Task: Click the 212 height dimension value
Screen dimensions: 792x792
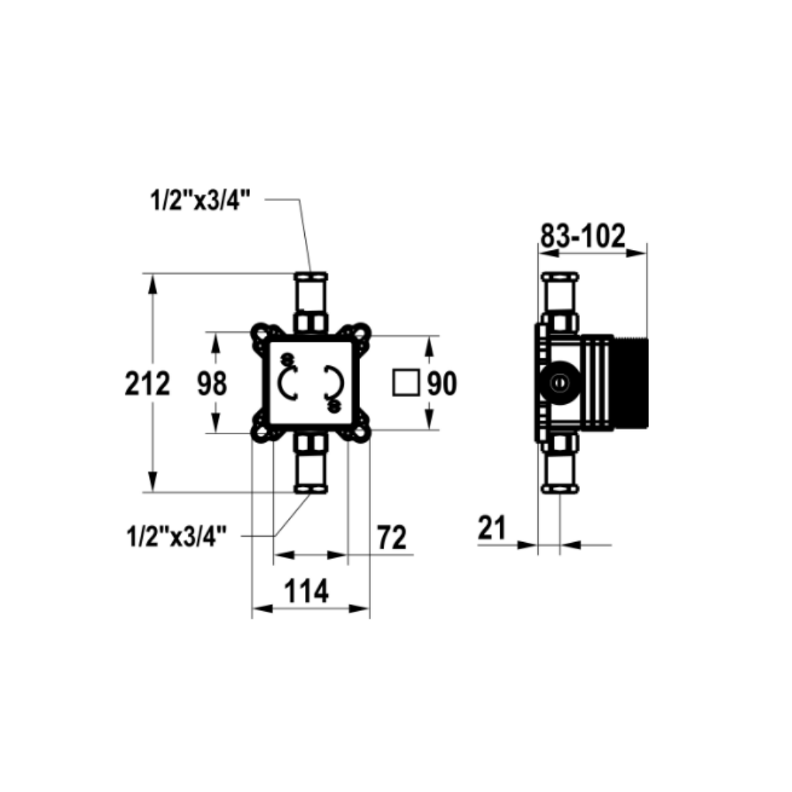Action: [x=147, y=384]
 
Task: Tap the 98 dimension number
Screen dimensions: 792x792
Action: [x=212, y=384]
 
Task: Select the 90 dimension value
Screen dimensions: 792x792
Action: [x=442, y=384]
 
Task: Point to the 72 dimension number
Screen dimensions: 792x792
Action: [x=392, y=538]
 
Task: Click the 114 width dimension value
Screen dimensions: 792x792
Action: [x=307, y=591]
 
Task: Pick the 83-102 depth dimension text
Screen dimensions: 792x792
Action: [x=583, y=235]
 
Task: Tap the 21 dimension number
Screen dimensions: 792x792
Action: [x=492, y=528]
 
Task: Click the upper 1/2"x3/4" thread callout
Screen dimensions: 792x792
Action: [x=200, y=200]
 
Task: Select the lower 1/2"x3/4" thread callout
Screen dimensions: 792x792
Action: [x=177, y=536]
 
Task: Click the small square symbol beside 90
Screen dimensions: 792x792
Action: [x=406, y=383]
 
